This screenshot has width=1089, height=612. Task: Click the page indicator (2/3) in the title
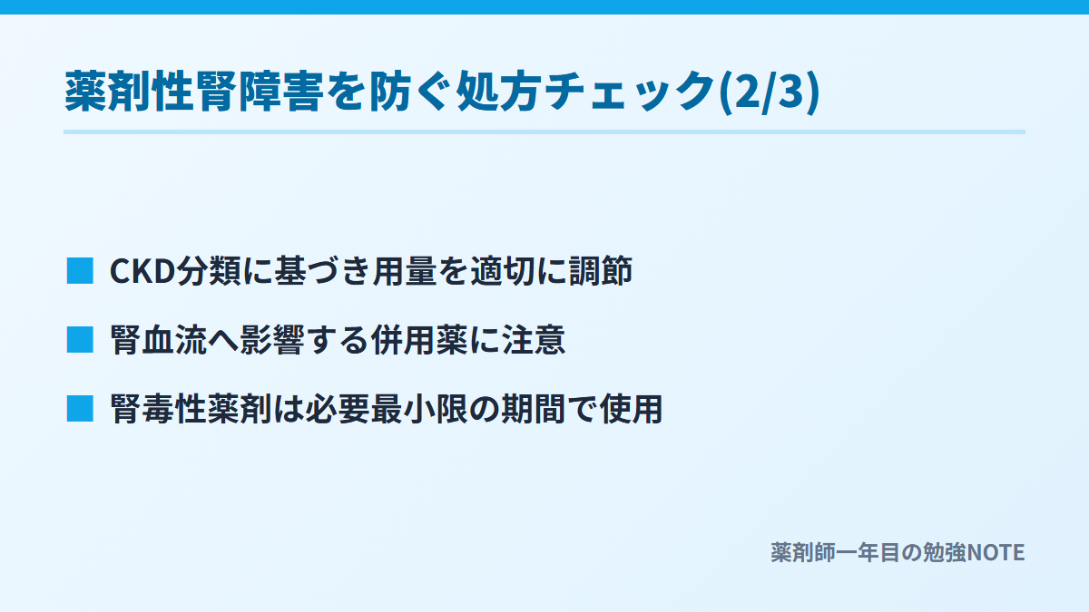pos(770,92)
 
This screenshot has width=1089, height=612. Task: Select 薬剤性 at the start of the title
pos(129,92)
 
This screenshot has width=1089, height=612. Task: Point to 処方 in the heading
pos(498,92)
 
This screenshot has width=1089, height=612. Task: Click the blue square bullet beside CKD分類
pos(80,270)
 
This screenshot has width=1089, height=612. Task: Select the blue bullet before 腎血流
pos(80,339)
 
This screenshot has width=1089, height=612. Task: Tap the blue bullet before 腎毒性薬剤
pos(80,409)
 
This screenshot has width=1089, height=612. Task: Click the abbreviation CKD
pos(142,271)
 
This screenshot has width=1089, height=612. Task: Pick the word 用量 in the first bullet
pos(405,270)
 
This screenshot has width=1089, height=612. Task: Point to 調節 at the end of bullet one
pos(601,270)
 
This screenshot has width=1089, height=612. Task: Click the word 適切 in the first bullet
pos(503,270)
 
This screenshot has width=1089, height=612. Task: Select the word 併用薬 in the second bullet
pos(420,339)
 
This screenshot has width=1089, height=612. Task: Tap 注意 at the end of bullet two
pos(535,339)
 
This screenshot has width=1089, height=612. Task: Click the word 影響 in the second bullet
pos(273,339)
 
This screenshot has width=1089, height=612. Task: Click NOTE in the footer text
pos(996,553)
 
